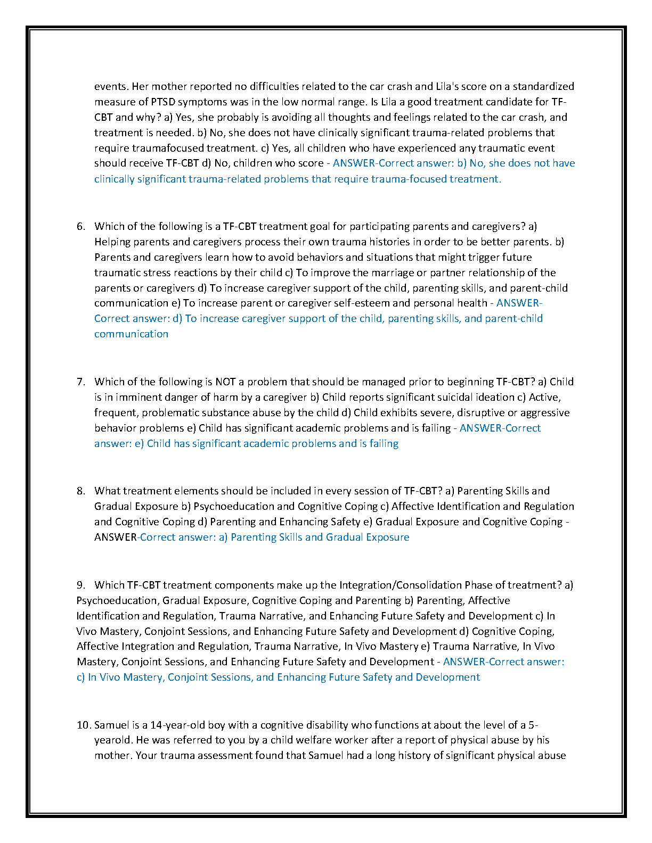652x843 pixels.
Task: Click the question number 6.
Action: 80,227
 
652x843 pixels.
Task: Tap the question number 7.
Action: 80,382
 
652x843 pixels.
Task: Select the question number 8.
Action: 80,491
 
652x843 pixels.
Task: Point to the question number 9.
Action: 80,585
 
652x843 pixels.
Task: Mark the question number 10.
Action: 84,725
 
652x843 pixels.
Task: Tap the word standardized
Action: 543,87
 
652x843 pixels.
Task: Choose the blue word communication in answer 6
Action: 131,334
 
